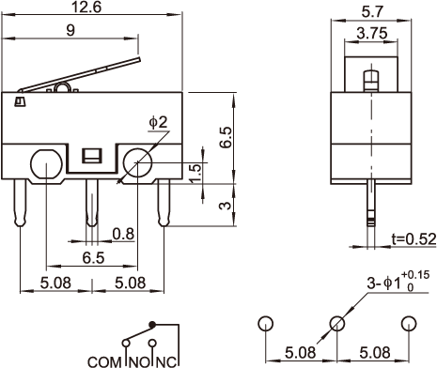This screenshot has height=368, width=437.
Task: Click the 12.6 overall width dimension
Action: click(86, 7)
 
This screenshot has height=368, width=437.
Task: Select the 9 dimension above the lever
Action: click(71, 30)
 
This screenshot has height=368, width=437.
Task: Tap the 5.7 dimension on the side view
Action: click(372, 12)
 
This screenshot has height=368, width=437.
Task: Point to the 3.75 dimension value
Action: click(372, 33)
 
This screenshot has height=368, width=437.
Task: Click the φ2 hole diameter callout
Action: click(158, 122)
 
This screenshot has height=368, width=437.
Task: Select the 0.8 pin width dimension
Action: click(123, 234)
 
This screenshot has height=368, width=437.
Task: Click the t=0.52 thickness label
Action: click(414, 239)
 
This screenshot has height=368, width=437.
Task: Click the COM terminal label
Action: click(104, 362)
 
